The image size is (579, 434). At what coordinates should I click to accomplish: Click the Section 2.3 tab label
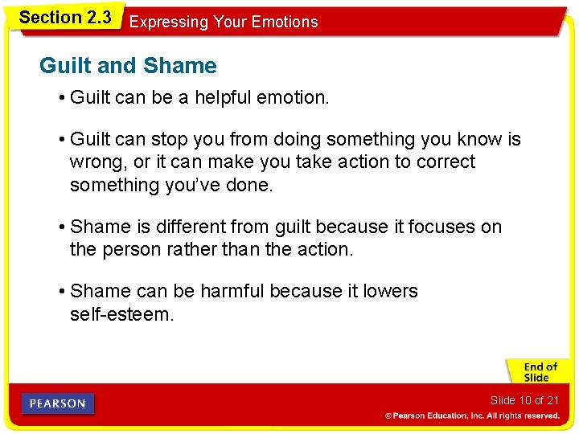point(64,18)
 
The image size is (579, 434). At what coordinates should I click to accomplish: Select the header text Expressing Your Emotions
point(224,23)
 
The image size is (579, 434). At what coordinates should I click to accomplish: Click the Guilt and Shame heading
point(128,66)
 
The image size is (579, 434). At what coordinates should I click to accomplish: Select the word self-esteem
point(121,313)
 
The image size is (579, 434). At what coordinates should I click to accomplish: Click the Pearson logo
point(58,403)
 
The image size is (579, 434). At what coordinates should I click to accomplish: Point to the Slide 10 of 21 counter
point(524,400)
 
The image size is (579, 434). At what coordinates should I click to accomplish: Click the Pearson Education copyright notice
point(471,416)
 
